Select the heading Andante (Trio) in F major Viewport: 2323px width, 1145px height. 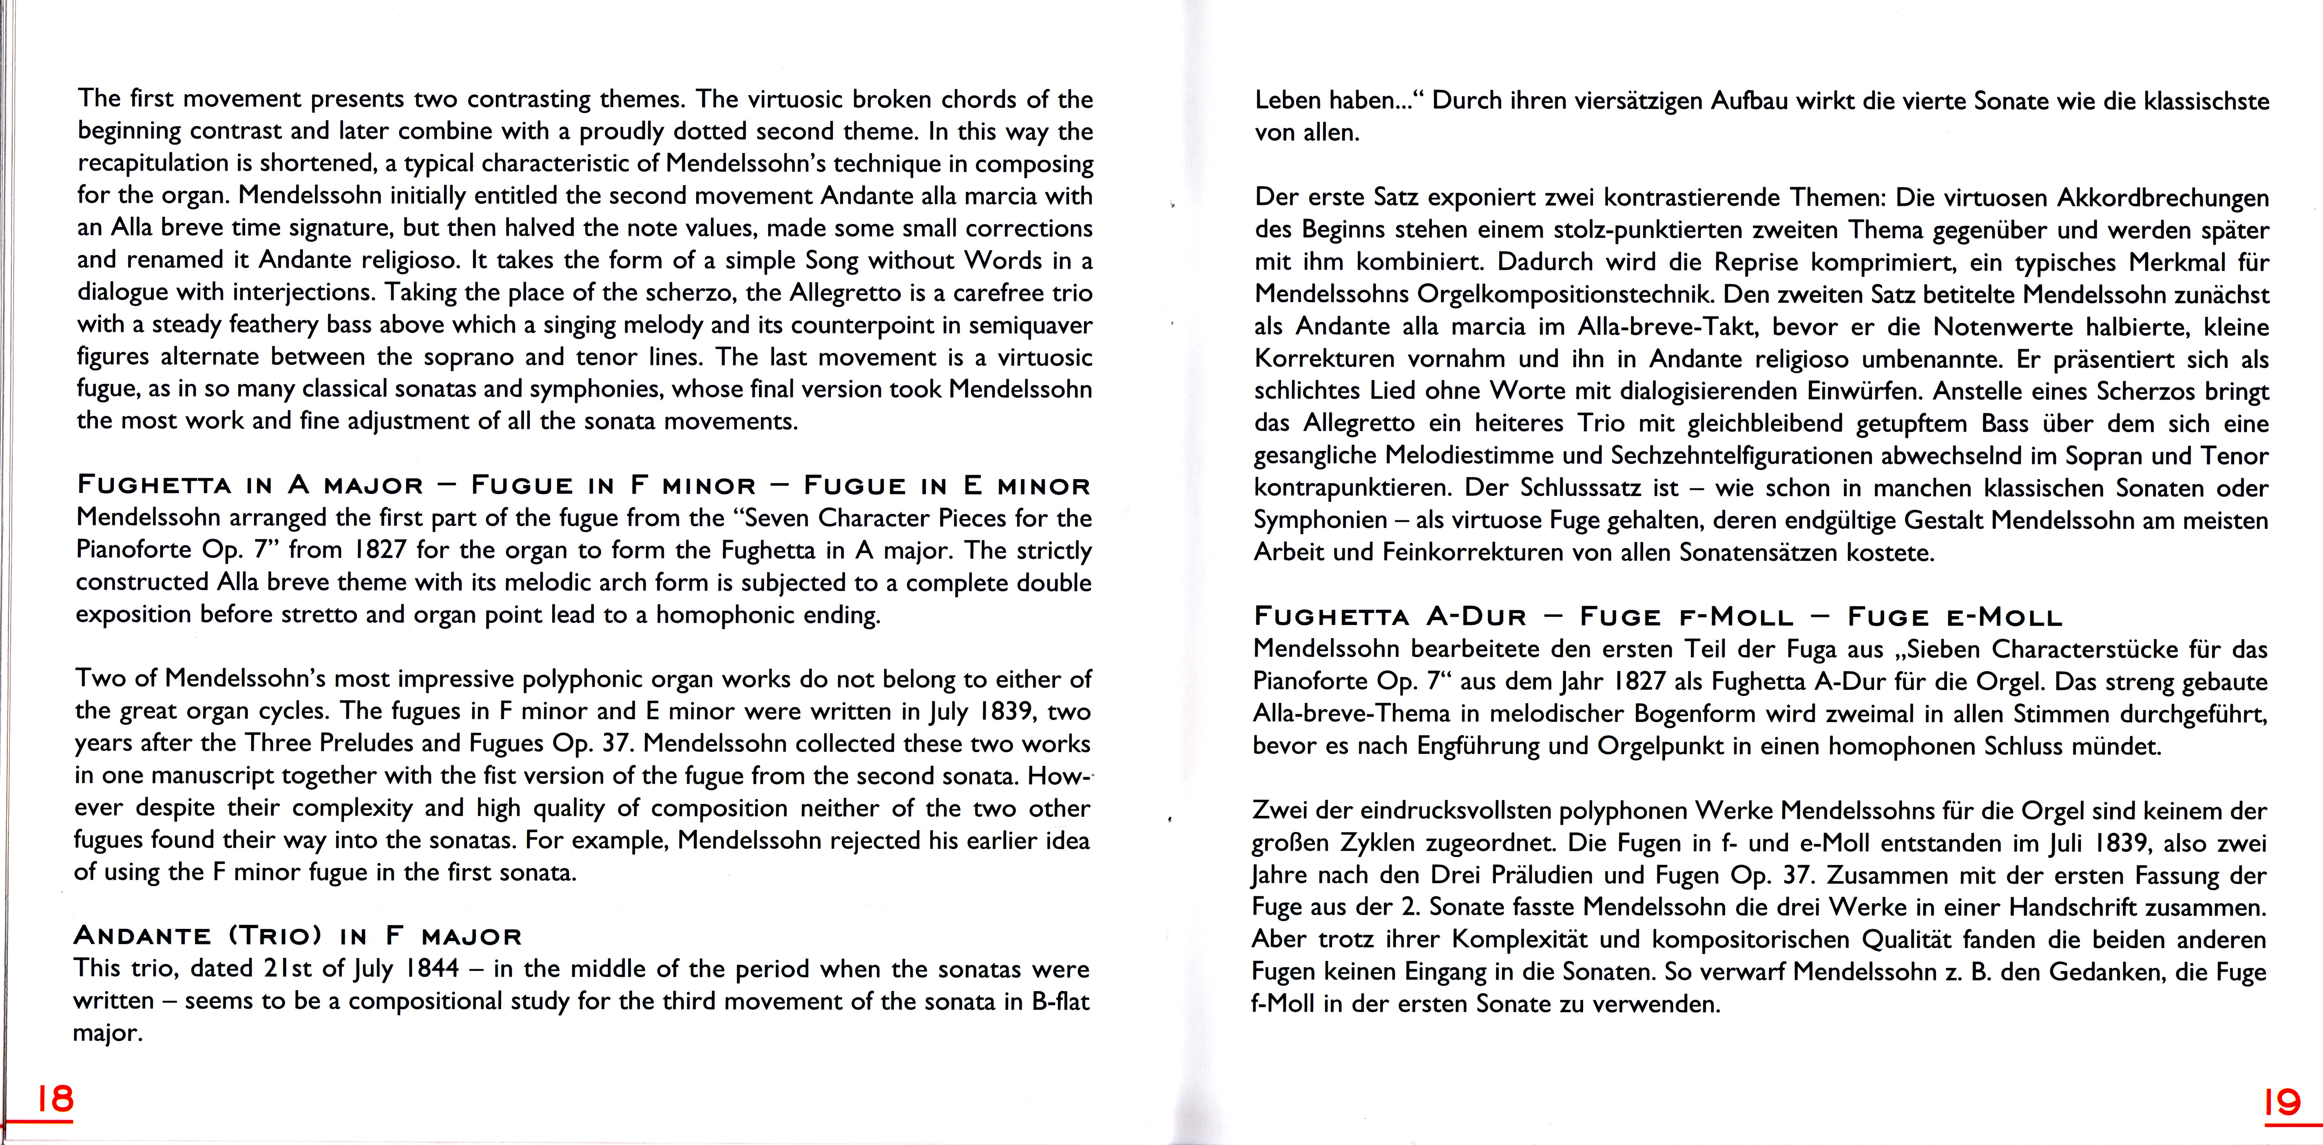point(298,936)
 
